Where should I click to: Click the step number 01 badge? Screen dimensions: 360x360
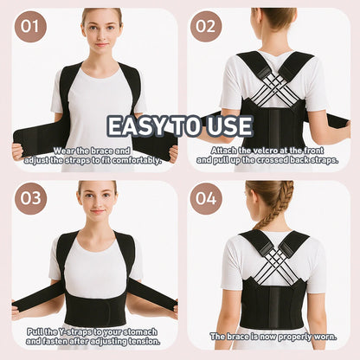coord(29,27)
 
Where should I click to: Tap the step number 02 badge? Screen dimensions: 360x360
coord(206,27)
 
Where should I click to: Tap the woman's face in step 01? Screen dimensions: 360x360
coord(102,30)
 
